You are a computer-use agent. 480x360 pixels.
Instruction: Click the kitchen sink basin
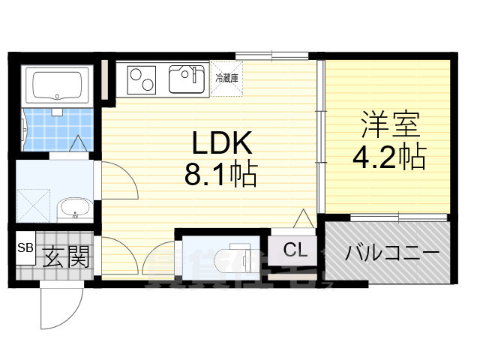[187, 78]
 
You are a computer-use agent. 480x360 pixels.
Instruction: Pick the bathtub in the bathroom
[58, 85]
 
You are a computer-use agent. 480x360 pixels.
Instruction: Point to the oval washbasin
[73, 209]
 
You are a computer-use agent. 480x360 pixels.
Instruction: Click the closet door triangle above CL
[304, 220]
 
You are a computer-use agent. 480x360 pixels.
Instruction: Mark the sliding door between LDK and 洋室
[321, 135]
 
